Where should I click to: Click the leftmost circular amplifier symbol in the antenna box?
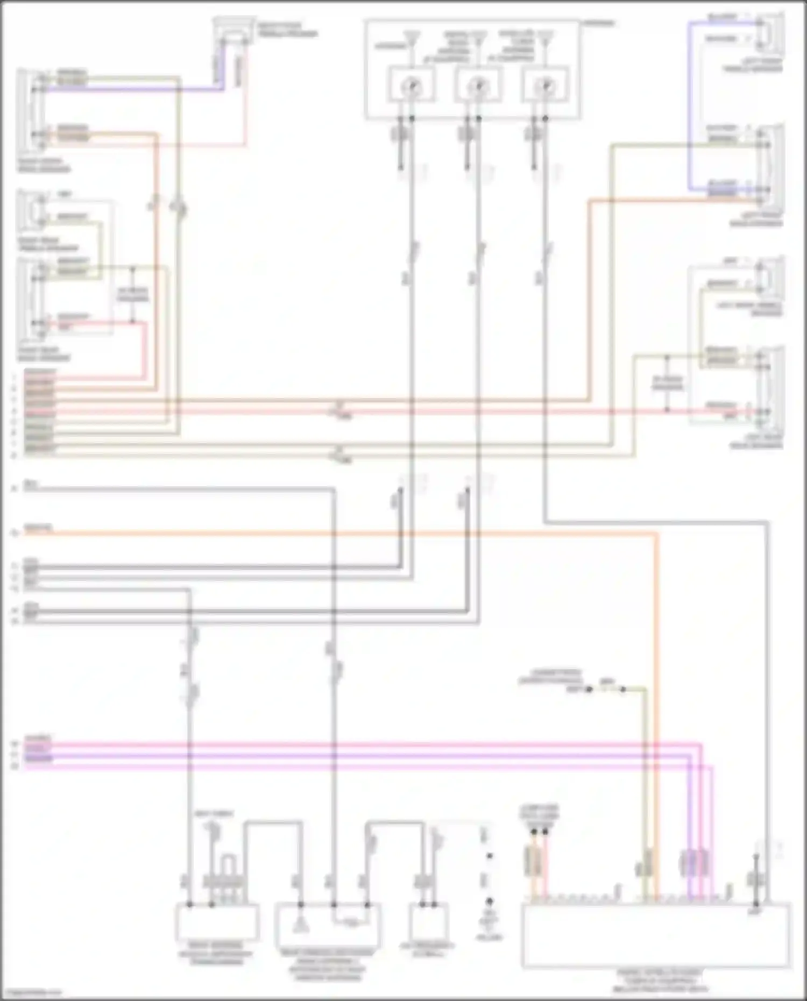(412, 85)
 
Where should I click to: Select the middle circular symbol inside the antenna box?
(478, 85)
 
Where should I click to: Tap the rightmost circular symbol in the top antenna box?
(545, 85)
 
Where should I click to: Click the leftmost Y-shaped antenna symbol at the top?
(412, 37)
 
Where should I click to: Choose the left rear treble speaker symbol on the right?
(769, 277)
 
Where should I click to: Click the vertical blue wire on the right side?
(689, 108)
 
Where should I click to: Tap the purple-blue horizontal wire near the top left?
(134, 90)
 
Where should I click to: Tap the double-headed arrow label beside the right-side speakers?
(667, 383)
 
